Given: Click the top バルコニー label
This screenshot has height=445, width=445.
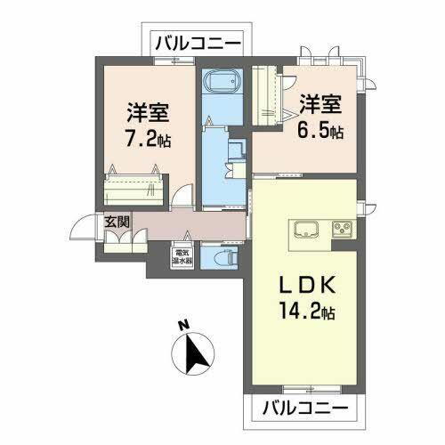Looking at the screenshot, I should [x=200, y=42].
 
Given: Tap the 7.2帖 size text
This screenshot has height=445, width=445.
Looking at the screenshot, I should [x=148, y=140].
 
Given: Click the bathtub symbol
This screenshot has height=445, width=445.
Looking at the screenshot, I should [x=219, y=84].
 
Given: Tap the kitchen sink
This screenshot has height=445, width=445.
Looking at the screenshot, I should [x=303, y=227].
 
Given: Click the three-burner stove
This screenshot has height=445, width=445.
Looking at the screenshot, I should [x=342, y=227].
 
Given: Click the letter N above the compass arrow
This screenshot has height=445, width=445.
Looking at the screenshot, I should [x=183, y=325].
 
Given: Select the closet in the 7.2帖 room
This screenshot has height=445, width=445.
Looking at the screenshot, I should [x=133, y=189].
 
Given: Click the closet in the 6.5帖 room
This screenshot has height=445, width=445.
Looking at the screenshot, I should [x=268, y=96].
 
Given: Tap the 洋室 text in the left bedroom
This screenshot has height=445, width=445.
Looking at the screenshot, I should [x=148, y=115].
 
